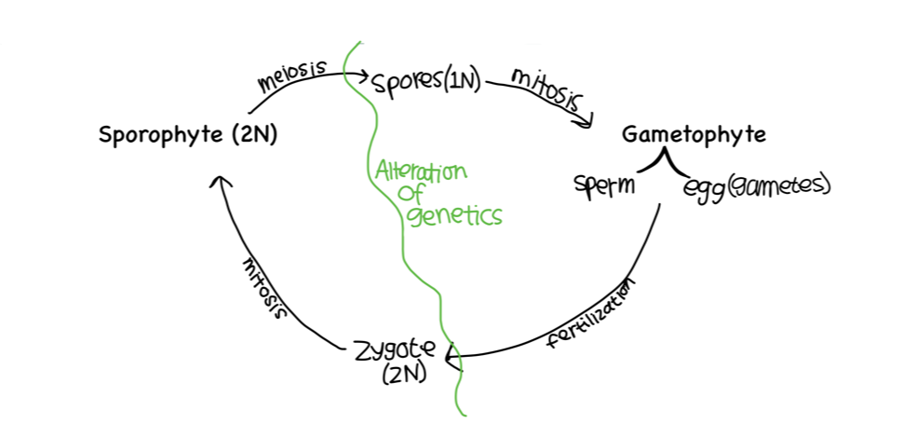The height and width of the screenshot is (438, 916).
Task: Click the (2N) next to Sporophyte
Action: pos(250,135)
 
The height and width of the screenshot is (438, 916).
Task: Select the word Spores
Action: pos(405,83)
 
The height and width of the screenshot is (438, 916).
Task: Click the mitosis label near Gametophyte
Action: pos(546,89)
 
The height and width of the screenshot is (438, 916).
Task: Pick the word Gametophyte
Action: pos(694,134)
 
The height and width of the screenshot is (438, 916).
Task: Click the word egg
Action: pos(703,186)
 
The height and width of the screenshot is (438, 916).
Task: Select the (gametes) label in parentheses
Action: pos(777,185)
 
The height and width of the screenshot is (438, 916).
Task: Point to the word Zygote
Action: pos(395,352)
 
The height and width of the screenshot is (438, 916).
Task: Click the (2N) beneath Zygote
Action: pos(403,376)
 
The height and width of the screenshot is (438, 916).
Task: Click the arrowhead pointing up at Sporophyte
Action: pos(221,182)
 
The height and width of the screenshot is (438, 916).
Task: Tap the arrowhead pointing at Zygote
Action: pos(455,355)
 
